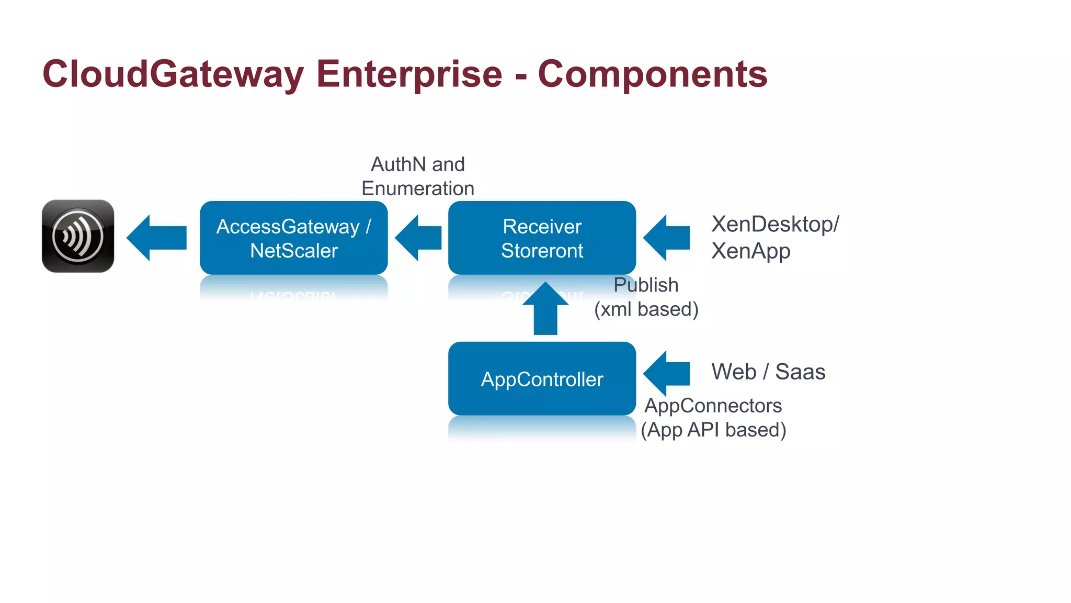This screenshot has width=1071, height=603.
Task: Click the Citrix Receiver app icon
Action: pos(78,236)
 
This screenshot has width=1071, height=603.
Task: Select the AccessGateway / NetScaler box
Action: pos(293,238)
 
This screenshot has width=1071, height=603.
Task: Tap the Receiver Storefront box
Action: pos(542,238)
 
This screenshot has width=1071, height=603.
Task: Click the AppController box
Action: pos(542,379)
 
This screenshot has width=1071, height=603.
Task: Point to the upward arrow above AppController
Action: pos(545,309)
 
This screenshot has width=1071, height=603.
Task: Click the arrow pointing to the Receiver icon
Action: pos(157,238)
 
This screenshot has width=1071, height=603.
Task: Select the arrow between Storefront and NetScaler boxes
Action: pos(418,238)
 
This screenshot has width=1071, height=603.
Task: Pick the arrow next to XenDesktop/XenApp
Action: pos(666,238)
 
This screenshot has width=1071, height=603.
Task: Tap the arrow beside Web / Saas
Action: pos(666,373)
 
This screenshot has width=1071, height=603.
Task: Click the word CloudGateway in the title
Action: pos(173,74)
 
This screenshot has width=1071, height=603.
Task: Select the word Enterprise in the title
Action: pos(409,74)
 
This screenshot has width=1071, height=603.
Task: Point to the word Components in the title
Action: pos(652,74)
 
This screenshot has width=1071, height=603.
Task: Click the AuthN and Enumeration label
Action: pos(417,176)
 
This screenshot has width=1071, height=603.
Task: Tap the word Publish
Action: pos(646,285)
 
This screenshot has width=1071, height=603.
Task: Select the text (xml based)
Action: pos(646,309)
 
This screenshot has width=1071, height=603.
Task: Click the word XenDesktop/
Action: pos(775,224)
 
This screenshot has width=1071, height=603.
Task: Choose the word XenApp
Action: pos(750,251)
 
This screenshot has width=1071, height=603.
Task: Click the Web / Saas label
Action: pos(768,372)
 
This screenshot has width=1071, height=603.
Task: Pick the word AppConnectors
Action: pos(713,406)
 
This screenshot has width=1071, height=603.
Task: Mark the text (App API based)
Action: pos(713,430)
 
